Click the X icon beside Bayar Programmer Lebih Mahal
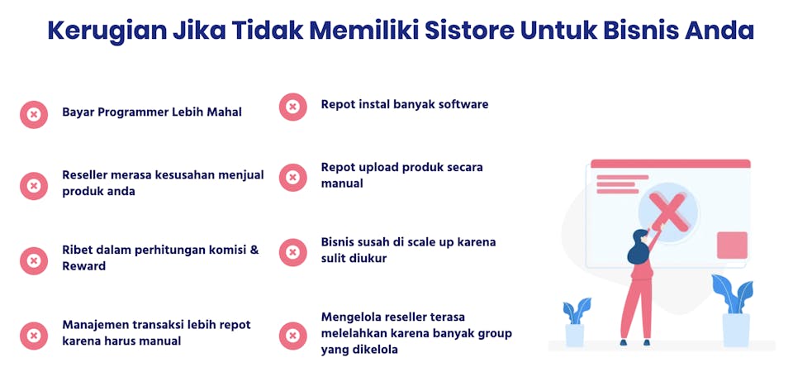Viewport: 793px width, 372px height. (34, 114)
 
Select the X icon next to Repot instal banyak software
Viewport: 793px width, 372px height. (292, 107)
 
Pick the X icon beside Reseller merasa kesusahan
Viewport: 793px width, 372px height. (34, 186)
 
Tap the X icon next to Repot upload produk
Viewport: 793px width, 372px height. (292, 177)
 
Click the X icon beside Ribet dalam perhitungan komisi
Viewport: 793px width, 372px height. (34, 260)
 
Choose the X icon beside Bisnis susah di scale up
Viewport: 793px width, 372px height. (292, 252)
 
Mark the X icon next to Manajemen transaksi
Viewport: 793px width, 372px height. (34, 336)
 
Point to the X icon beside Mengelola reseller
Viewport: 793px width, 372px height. (292, 336)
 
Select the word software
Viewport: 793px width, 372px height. (463, 105)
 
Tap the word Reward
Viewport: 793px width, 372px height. (84, 265)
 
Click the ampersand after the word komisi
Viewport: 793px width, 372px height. (254, 250)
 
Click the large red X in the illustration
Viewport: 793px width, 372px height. (670, 212)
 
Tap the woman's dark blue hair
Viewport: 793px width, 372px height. (638, 248)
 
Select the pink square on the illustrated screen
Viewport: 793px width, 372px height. (732, 245)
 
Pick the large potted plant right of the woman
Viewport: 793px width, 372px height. (734, 311)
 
